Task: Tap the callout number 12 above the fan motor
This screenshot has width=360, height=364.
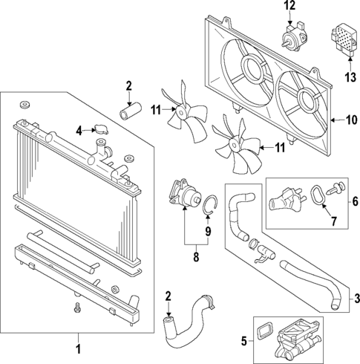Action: [x=289, y=7]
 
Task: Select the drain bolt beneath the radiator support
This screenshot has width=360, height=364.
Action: [x=77, y=306]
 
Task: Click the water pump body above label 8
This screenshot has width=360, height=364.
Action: [x=187, y=199]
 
